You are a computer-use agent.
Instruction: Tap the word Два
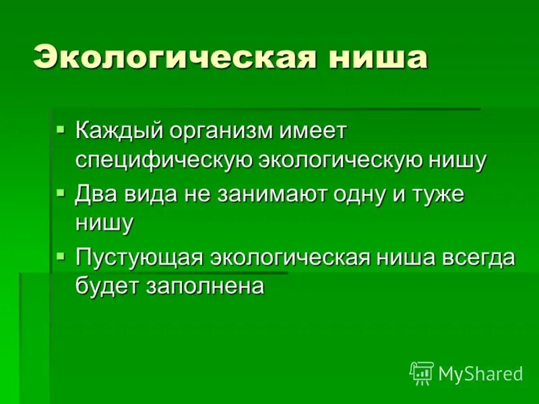97,195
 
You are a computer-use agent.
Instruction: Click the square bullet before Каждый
61,128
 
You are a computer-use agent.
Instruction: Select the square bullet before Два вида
61,193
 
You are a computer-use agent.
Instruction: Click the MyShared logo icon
422,373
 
